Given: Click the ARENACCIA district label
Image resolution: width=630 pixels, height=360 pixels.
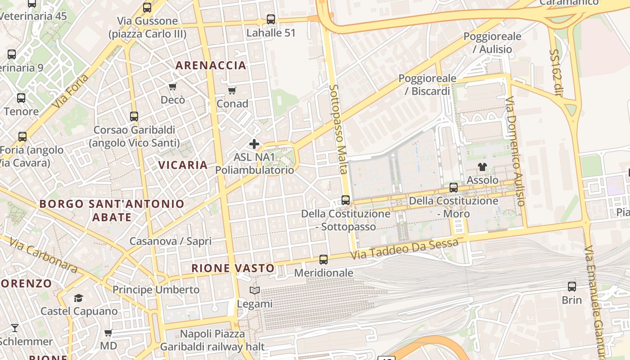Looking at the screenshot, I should pyautogui.click(x=211, y=65).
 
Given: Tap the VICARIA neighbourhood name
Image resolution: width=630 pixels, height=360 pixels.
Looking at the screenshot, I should pyautogui.click(x=183, y=165).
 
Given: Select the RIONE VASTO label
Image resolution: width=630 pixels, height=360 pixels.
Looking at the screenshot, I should pyautogui.click(x=233, y=268).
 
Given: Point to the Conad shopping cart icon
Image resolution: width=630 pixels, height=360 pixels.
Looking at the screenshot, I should pyautogui.click(x=232, y=91).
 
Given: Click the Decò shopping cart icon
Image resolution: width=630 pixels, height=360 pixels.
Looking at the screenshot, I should pyautogui.click(x=173, y=86).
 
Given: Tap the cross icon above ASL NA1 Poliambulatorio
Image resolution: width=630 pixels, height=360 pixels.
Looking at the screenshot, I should pyautogui.click(x=254, y=144).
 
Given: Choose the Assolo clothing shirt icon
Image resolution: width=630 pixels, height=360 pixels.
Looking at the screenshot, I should pyautogui.click(x=482, y=167).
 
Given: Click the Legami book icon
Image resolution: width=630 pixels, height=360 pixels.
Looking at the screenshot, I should pyautogui.click(x=255, y=291).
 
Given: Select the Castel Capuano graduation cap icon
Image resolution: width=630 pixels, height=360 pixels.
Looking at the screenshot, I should pyautogui.click(x=79, y=298).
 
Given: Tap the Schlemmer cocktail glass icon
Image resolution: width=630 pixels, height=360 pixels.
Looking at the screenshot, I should pyautogui.click(x=15, y=328).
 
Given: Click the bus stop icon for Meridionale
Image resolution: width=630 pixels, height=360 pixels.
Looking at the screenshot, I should pyautogui.click(x=324, y=260).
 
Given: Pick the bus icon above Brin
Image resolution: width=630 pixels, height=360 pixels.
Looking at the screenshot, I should pyautogui.click(x=571, y=286).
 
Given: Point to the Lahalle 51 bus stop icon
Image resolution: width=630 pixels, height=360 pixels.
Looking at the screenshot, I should pyautogui.click(x=270, y=19).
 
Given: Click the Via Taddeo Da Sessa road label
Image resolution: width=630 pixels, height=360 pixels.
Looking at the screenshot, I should pyautogui.click(x=405, y=249).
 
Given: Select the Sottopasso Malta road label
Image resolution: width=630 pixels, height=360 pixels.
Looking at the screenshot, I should pyautogui.click(x=338, y=129).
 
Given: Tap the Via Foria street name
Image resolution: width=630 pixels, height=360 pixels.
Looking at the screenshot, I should pyautogui.click(x=71, y=92).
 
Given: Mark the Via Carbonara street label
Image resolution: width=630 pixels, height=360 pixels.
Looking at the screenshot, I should pyautogui.click(x=43, y=256).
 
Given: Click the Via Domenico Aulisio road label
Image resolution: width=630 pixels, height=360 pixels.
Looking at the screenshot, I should pyautogui.click(x=515, y=151).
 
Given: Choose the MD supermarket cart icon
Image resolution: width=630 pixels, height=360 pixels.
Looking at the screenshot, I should pyautogui.click(x=108, y=333).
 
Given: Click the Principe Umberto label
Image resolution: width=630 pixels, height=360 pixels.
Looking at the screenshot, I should pyautogui.click(x=156, y=289).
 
